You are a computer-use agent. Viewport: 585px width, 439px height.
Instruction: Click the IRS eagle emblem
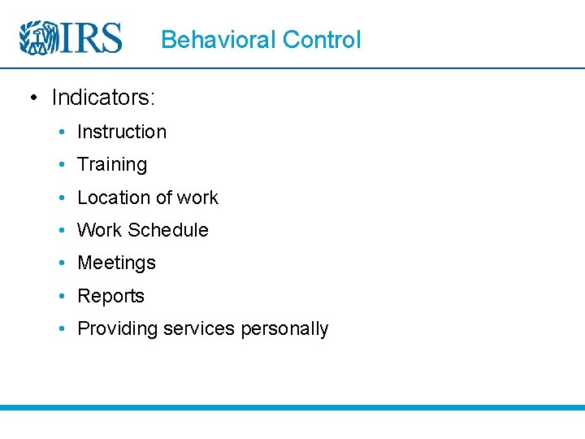click(x=37, y=37)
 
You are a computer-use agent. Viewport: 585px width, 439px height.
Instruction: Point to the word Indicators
click(x=103, y=98)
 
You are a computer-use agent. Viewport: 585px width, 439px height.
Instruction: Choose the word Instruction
click(x=121, y=132)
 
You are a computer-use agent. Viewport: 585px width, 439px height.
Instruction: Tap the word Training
click(x=111, y=165)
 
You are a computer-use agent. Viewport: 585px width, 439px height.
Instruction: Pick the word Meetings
click(x=116, y=263)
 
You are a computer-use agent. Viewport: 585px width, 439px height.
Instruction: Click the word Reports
click(x=110, y=296)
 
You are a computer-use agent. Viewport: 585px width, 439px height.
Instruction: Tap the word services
click(x=198, y=329)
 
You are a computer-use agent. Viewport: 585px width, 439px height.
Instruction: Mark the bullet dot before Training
click(x=63, y=165)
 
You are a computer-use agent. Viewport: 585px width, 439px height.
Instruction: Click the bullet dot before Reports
click(x=63, y=296)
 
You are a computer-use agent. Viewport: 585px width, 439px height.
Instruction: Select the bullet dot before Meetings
click(x=63, y=263)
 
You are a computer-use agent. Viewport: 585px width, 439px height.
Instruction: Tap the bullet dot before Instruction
click(x=63, y=132)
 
